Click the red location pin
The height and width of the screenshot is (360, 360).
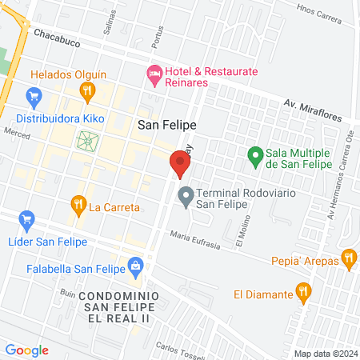[180, 164]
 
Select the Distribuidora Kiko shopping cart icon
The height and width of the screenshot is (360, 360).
[33, 98]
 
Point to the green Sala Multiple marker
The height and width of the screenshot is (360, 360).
[255, 155]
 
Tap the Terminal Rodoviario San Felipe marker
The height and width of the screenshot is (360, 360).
[186, 195]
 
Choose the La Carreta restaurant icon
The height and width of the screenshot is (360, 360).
[78, 206]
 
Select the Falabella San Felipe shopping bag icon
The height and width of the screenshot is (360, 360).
[136, 264]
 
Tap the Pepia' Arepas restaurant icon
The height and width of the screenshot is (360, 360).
[348, 258]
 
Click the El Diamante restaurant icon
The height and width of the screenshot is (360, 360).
[302, 292]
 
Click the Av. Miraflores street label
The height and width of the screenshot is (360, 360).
[318, 108]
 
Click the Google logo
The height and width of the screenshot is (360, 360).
[27, 350]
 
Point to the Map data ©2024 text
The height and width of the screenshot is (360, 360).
[325, 354]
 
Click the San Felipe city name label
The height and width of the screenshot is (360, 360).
[167, 125]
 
